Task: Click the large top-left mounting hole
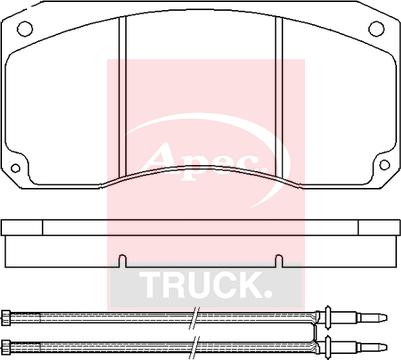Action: [x=25, y=29]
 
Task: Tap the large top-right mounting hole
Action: [x=377, y=29]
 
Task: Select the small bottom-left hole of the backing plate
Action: [x=15, y=168]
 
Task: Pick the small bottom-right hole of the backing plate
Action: [x=385, y=165]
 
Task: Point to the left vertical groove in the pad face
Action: [x=122, y=97]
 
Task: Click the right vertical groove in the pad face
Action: [x=279, y=97]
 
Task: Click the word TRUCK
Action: [x=205, y=285]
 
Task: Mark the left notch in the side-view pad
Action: [x=123, y=261]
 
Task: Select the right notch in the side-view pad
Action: [x=279, y=261]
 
